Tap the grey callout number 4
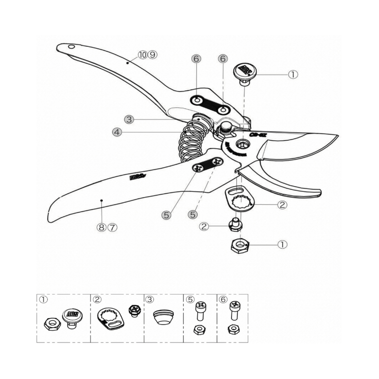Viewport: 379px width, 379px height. coord(117,132)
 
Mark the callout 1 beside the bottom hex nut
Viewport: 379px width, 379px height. coord(282,244)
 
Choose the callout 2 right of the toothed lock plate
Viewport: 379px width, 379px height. coord(282,205)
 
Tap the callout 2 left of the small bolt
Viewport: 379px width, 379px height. coord(204,226)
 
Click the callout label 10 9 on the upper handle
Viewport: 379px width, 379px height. coord(147,54)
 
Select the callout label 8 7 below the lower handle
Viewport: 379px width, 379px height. coord(107,227)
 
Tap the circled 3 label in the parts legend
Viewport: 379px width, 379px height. coord(150,299)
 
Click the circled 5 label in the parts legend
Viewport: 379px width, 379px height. coord(189,299)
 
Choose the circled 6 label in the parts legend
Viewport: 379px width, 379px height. coord(223,299)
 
